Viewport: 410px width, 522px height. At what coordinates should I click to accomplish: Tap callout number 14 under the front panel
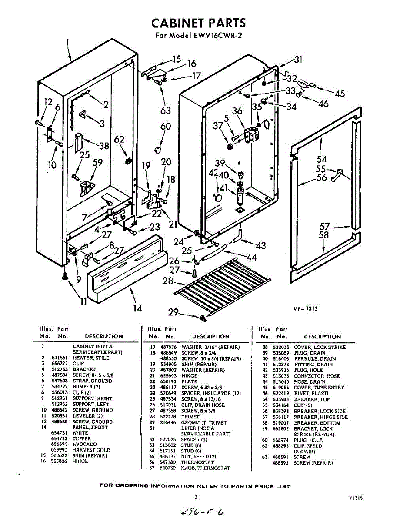pyautogui.click(x=137, y=308)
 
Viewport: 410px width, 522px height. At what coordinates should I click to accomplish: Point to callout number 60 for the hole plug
pyautogui.click(x=166, y=127)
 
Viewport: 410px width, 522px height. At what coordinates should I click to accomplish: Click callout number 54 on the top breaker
pyautogui.click(x=322, y=159)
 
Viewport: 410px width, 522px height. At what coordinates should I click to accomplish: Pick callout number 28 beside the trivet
pyautogui.click(x=168, y=281)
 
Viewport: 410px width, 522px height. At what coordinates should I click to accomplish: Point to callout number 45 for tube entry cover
pyautogui.click(x=340, y=94)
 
